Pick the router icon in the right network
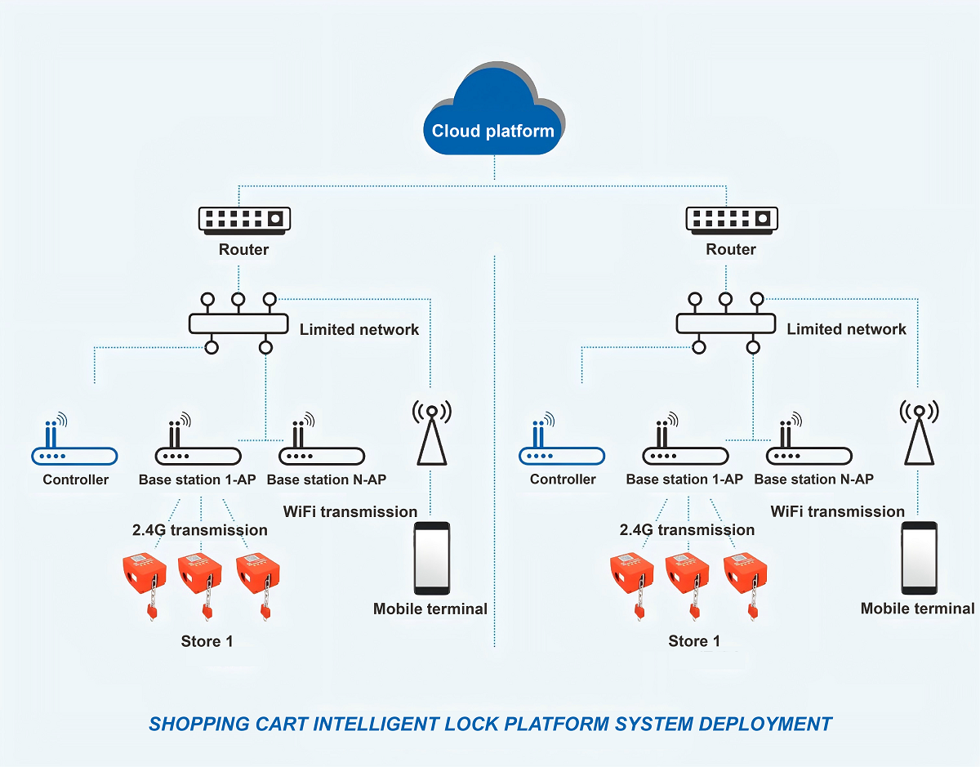[732, 218]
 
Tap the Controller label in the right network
[563, 479]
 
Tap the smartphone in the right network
[919, 558]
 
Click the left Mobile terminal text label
[430, 609]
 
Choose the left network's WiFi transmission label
[350, 512]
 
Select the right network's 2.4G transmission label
[687, 530]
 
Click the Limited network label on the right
[846, 329]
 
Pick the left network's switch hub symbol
[238, 323]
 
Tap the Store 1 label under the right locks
[694, 641]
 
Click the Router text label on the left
[243, 249]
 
